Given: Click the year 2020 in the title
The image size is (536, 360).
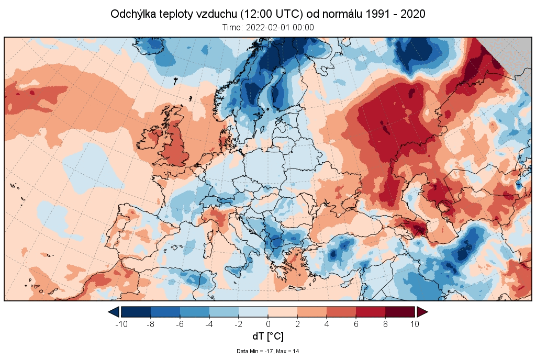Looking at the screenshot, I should tap(412, 14).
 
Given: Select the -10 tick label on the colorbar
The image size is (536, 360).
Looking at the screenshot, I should tap(121, 323).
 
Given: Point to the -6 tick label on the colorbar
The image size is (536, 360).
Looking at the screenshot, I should tap(180, 323).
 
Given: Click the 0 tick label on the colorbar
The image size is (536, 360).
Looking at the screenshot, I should tap(268, 323).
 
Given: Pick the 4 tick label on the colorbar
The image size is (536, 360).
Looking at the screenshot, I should tap(327, 323).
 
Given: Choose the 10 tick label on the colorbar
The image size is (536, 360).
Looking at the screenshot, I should tap(415, 323).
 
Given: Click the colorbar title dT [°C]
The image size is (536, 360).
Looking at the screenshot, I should tap(268, 336).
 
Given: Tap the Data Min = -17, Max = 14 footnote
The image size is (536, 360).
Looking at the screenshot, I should tap(268, 351).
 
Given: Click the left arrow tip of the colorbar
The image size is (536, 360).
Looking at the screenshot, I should tap(112, 312).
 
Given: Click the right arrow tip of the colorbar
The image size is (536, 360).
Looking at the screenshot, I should tap(425, 312).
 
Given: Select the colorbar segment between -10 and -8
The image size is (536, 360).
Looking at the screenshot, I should tap(136, 312).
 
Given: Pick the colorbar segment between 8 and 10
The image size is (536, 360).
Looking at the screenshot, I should tap(400, 312).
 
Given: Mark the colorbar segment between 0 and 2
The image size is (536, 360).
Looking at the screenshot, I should tap(283, 312).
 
